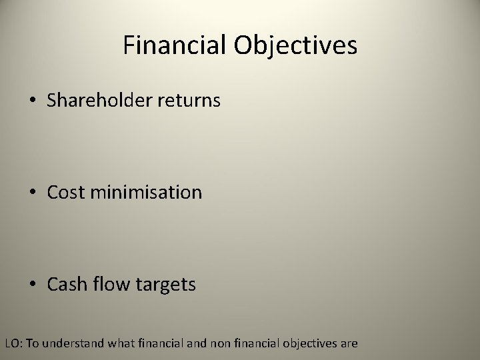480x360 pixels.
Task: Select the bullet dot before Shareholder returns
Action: (x=33, y=101)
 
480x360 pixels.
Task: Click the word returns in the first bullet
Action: (x=190, y=101)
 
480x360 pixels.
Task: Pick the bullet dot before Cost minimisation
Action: (x=33, y=193)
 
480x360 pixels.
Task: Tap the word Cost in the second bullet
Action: (x=65, y=193)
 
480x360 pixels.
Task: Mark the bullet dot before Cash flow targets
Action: (x=33, y=285)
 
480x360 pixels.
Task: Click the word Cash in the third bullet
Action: (x=66, y=285)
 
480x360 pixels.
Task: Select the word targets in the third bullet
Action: (x=166, y=285)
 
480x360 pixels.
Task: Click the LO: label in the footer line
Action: (x=13, y=344)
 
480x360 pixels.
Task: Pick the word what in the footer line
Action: (x=117, y=344)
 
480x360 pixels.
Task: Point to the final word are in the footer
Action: (x=349, y=344)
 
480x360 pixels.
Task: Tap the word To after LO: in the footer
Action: (x=32, y=344)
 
